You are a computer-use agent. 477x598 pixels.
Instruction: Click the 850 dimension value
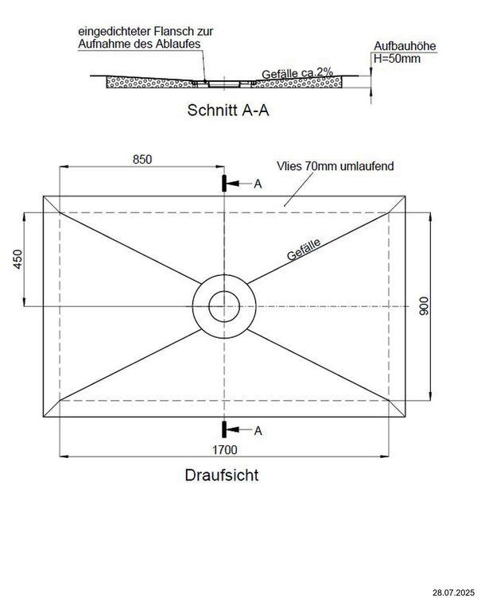(x=142, y=158)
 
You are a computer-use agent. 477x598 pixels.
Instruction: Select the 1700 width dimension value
(x=225, y=450)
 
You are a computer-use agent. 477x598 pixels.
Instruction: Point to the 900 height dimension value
(x=425, y=307)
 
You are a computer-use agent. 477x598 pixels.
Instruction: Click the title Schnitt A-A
(x=227, y=111)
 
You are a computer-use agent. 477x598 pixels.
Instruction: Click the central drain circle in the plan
(x=223, y=306)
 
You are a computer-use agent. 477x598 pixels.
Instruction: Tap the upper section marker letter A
(x=257, y=184)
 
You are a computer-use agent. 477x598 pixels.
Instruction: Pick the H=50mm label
(x=397, y=60)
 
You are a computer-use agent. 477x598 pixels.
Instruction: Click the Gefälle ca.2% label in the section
(x=295, y=73)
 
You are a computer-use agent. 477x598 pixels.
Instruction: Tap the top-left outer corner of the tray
(x=43, y=196)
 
